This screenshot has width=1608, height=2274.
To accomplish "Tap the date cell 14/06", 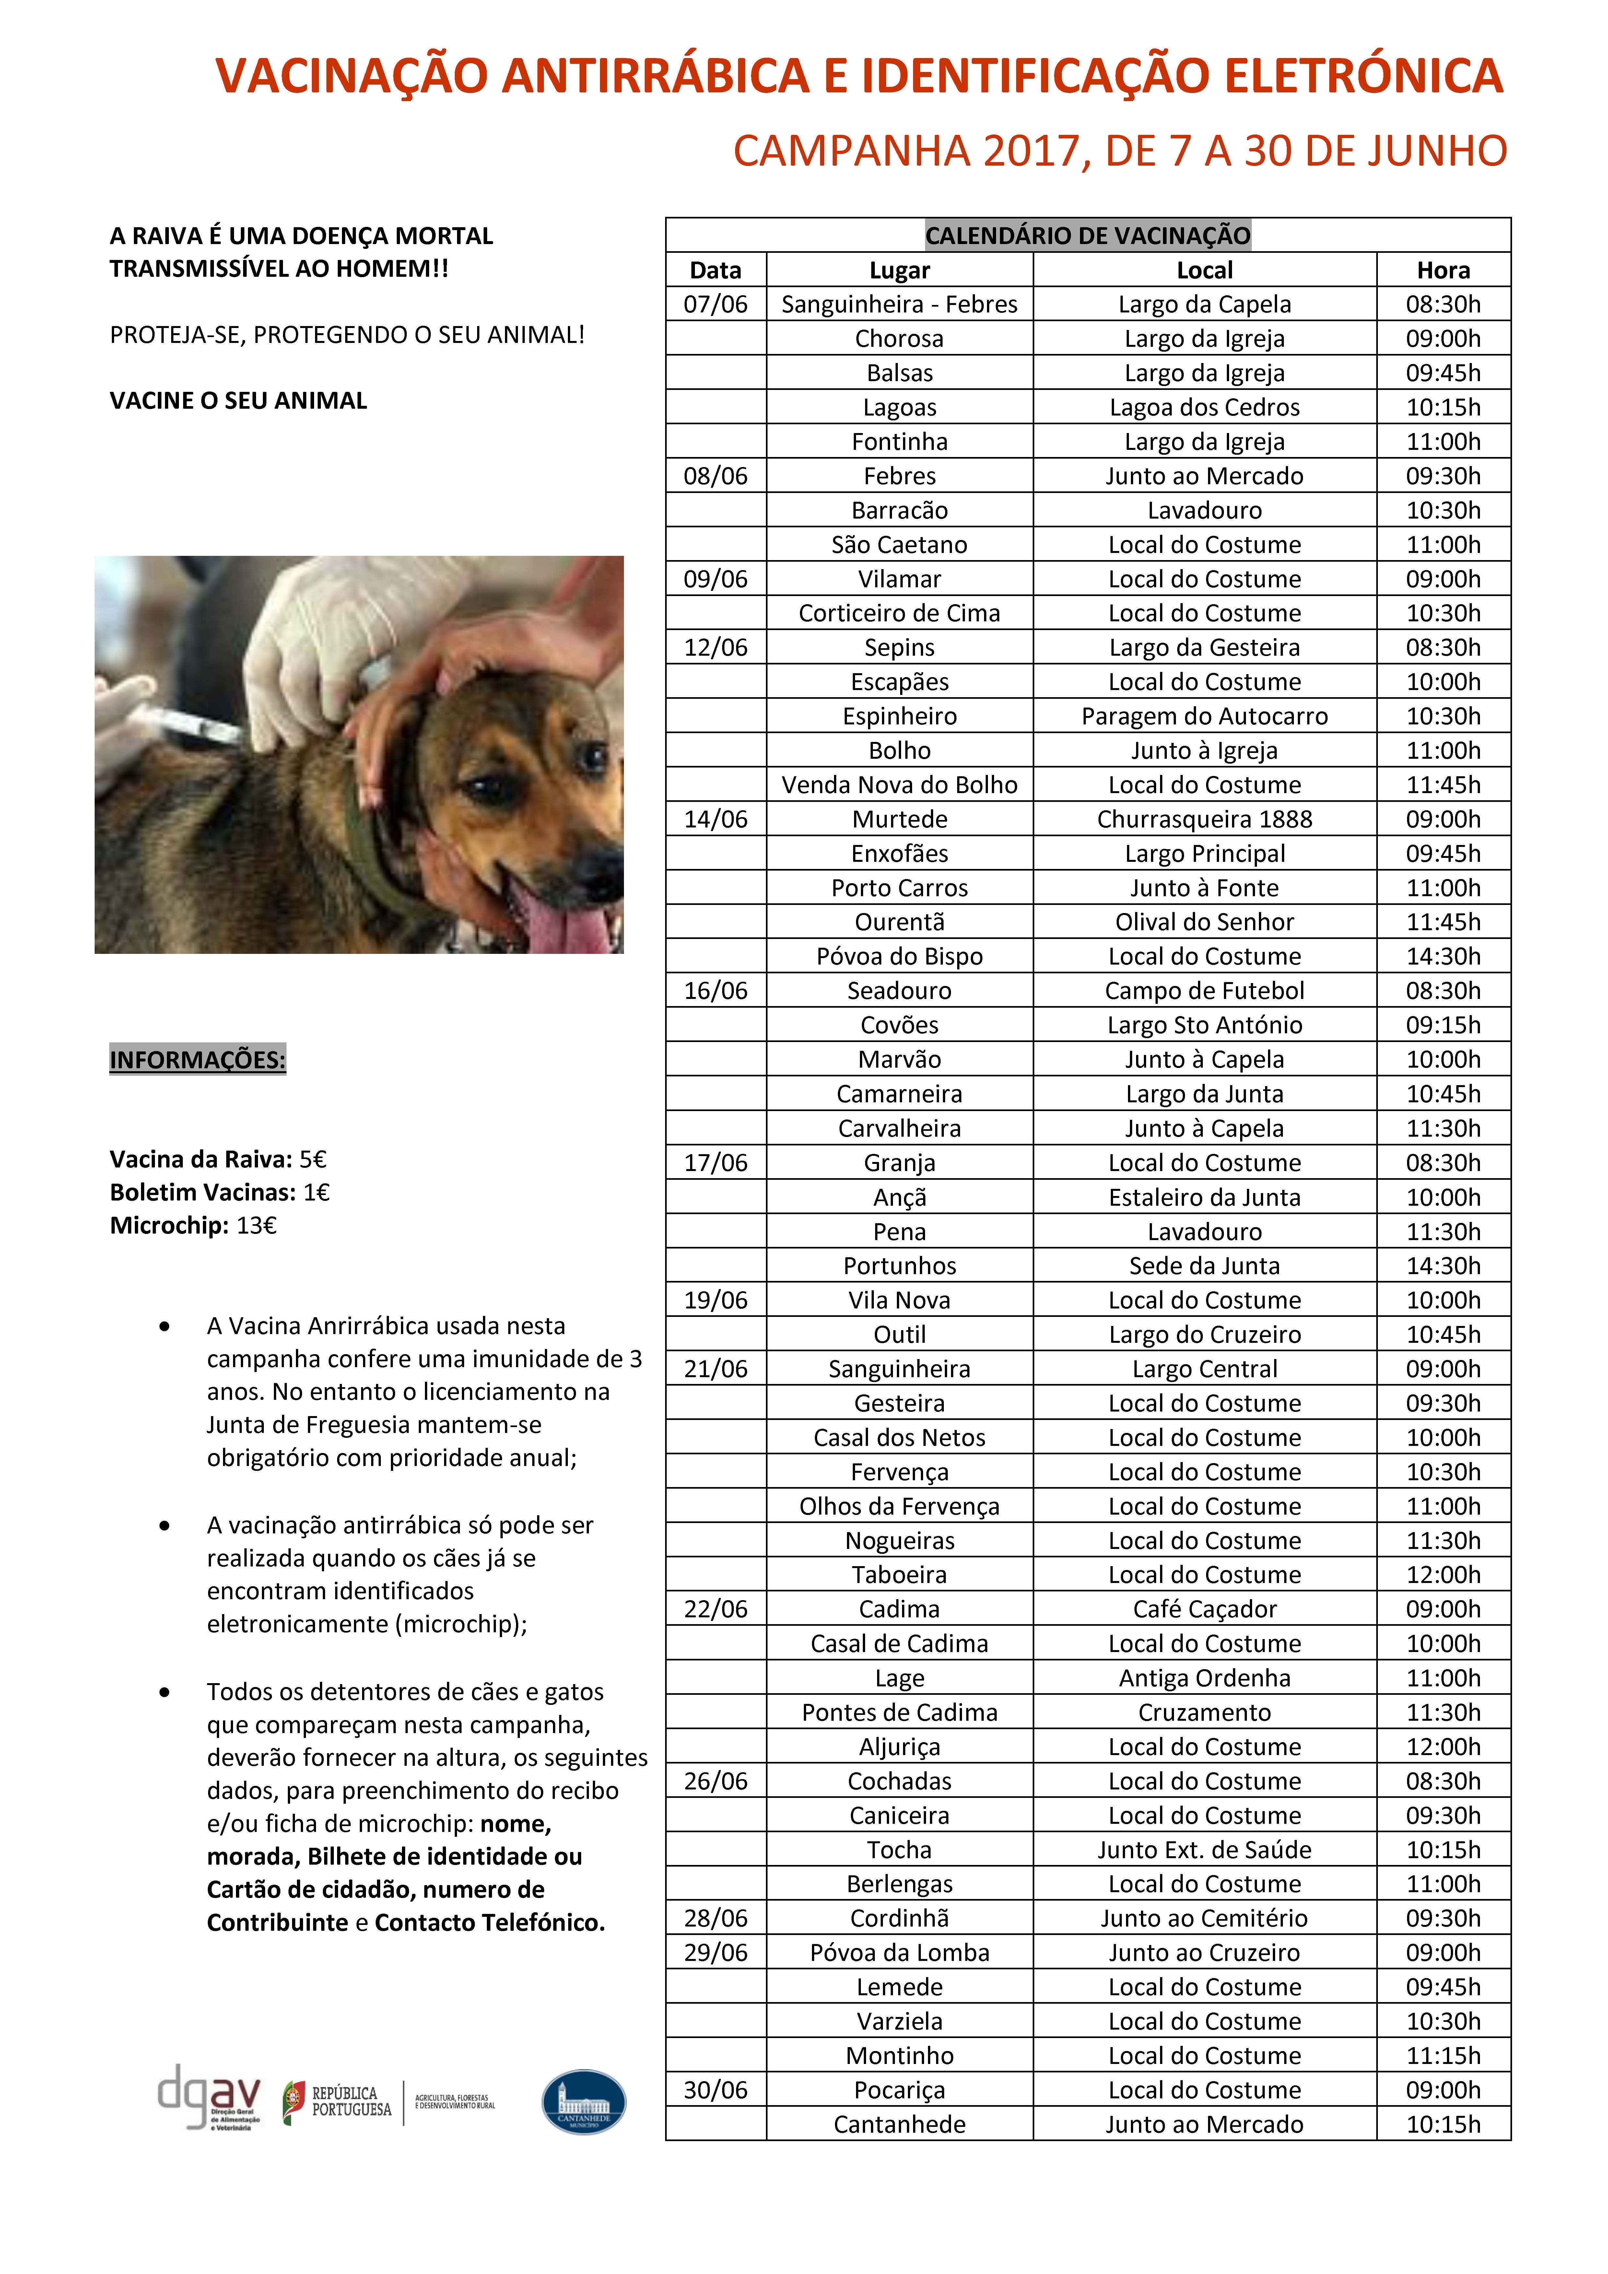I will [715, 819].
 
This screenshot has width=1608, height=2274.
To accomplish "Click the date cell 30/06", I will [715, 2090].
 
